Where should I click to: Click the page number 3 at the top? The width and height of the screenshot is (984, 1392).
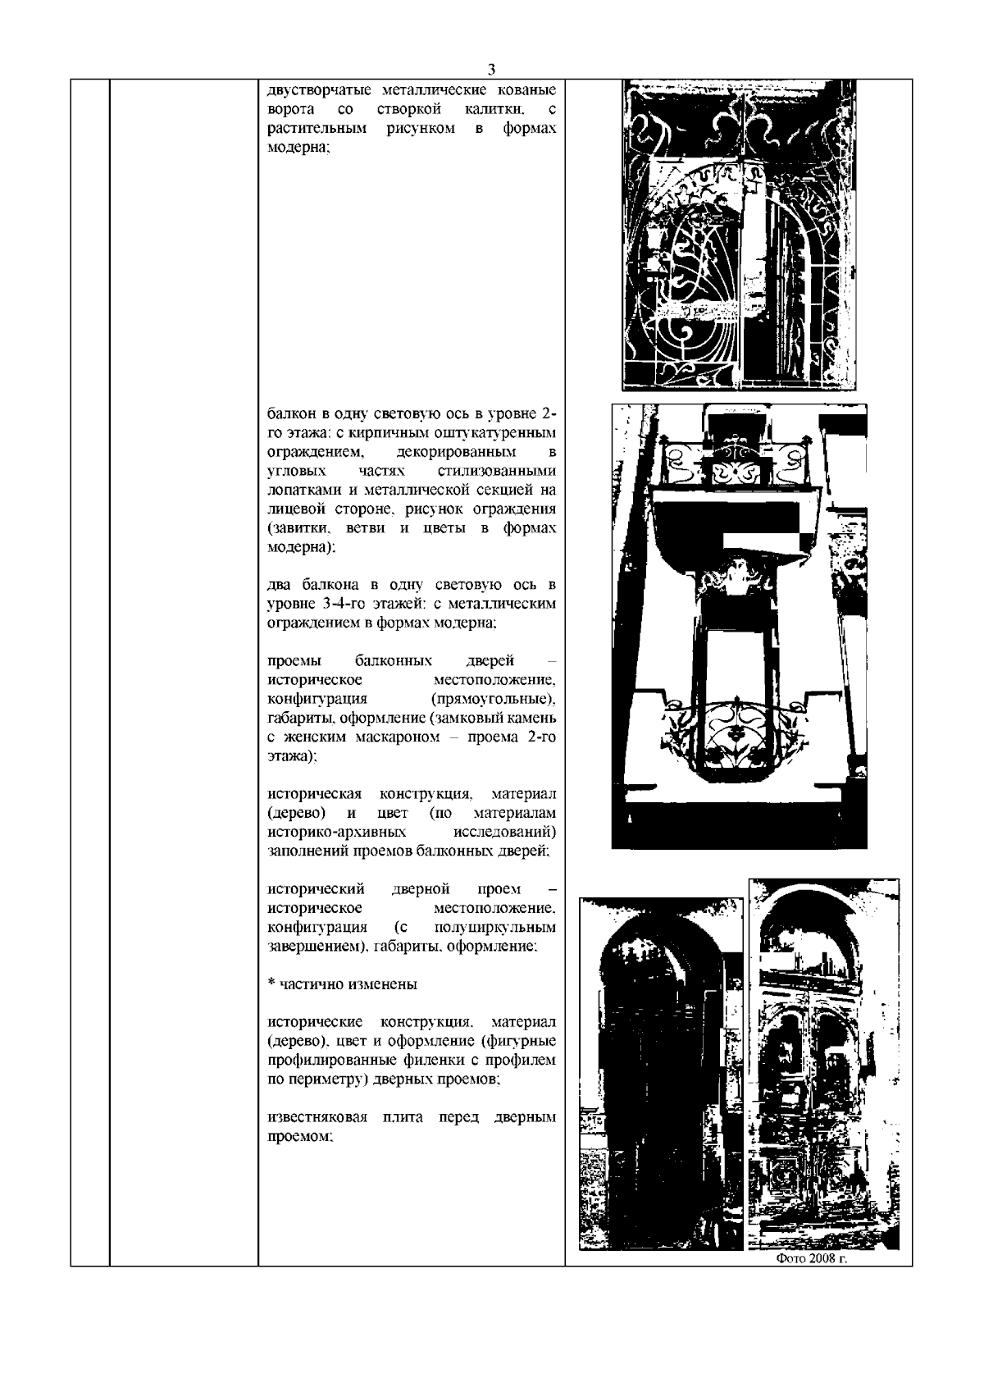491,70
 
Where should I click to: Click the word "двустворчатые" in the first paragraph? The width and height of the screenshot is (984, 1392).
312,89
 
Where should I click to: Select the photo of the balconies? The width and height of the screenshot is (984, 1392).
739,625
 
